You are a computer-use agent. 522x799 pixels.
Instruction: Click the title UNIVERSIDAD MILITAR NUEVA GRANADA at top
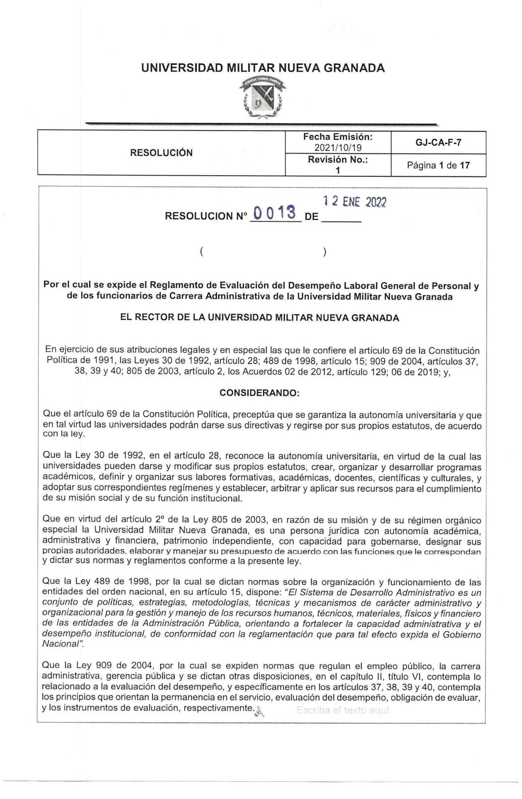coord(263,68)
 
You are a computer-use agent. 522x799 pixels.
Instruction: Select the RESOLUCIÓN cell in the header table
coord(161,153)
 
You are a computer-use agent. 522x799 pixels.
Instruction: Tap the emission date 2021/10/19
coord(338,148)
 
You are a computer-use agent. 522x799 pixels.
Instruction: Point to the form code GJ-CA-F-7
coord(438,142)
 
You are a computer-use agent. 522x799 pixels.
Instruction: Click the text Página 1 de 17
coord(438,165)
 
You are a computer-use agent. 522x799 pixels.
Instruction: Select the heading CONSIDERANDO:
coord(259,392)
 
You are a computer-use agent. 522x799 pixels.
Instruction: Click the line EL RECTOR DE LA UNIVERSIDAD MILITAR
coord(259,318)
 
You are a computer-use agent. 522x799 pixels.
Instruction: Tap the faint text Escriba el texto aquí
coord(343,710)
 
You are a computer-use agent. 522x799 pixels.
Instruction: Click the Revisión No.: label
coord(338,160)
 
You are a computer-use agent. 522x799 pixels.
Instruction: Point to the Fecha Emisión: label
coord(338,136)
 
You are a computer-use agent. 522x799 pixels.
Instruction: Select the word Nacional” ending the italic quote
coord(60,644)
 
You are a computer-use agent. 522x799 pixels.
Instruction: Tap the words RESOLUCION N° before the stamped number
coord(206,216)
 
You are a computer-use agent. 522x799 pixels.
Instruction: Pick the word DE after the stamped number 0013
coord(311,216)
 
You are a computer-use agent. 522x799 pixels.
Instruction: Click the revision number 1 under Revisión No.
coord(338,170)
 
